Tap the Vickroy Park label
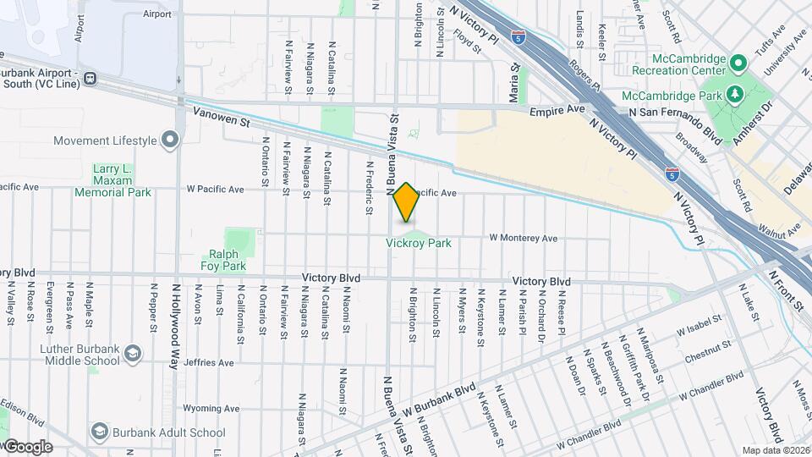pos(418,243)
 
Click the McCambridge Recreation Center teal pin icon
pos(737,63)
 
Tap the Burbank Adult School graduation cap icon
pos(99,432)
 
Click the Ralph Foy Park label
pos(223,260)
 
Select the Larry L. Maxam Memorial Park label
pos(112,181)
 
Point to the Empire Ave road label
pos(557,111)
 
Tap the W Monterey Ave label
pos(524,239)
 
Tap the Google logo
pos(27,446)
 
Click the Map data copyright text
pos(776,450)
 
